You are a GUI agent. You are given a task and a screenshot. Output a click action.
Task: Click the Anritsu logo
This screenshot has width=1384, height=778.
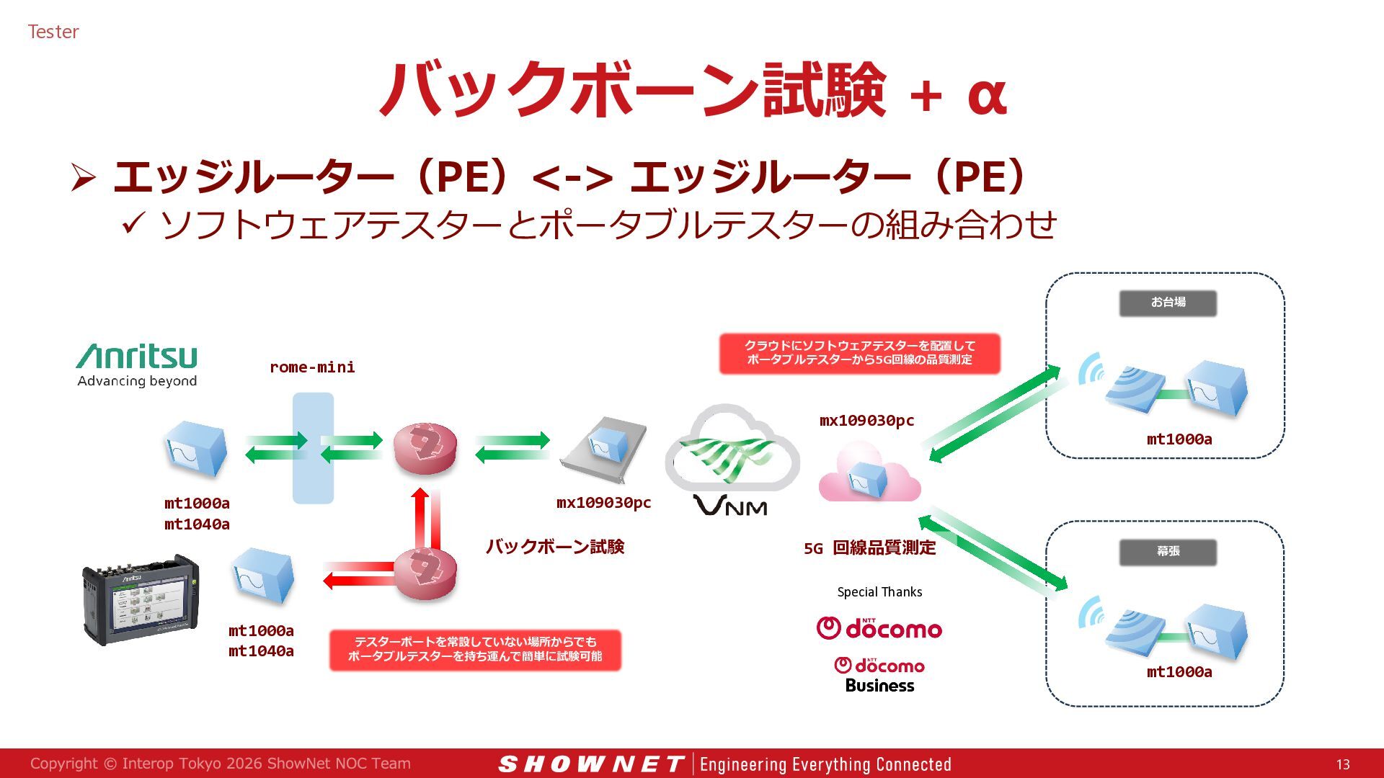pyautogui.click(x=137, y=365)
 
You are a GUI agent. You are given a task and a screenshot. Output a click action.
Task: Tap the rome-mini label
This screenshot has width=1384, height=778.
pyautogui.click(x=312, y=367)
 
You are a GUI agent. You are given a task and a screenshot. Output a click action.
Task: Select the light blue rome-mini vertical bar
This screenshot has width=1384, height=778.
pyautogui.click(x=313, y=448)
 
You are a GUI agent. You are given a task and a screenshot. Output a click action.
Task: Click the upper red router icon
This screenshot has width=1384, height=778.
pyautogui.click(x=425, y=448)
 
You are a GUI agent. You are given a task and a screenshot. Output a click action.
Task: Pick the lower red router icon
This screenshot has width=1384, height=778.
pyautogui.click(x=425, y=573)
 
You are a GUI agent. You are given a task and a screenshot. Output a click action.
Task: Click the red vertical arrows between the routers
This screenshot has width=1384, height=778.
pyautogui.click(x=426, y=518)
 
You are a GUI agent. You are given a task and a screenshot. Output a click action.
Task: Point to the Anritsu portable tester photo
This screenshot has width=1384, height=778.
pyautogui.click(x=141, y=599)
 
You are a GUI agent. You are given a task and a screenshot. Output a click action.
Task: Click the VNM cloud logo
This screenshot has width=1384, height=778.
pyautogui.click(x=732, y=460)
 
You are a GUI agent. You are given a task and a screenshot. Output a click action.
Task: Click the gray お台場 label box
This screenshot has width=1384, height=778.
pyautogui.click(x=1168, y=303)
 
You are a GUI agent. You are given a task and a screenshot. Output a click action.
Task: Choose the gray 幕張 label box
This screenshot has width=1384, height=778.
pyautogui.click(x=1168, y=552)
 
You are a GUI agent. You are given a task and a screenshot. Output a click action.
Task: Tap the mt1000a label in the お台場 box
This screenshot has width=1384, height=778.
pyautogui.click(x=1179, y=439)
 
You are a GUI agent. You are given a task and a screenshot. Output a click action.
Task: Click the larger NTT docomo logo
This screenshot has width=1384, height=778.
pyautogui.click(x=879, y=628)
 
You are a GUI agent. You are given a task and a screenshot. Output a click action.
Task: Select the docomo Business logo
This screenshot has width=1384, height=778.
pyautogui.click(x=879, y=675)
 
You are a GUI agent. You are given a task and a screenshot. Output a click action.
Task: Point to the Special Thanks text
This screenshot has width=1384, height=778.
pyautogui.click(x=879, y=592)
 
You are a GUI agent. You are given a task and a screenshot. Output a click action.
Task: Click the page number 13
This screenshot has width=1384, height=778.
pyautogui.click(x=1343, y=764)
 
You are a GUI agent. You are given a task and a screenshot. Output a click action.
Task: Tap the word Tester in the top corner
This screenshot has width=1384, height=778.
pyautogui.click(x=53, y=32)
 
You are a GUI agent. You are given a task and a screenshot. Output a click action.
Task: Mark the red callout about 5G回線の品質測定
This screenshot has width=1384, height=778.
pyautogui.click(x=860, y=353)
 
